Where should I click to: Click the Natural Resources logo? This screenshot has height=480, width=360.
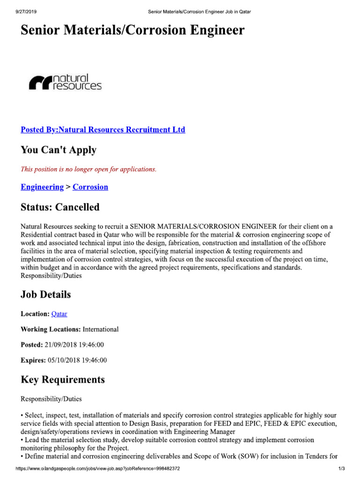[x=65, y=82]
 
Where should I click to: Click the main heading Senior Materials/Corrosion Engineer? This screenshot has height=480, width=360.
[x=132, y=31]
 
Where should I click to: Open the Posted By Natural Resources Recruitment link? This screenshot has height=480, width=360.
[x=103, y=130]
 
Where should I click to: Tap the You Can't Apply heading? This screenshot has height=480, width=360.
[x=59, y=150]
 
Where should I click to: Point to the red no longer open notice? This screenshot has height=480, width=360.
[x=88, y=169]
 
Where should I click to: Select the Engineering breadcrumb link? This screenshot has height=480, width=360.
[x=42, y=187]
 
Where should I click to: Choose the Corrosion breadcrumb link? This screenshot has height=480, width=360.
[x=90, y=187]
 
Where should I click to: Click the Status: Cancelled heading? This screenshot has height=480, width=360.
[x=60, y=207]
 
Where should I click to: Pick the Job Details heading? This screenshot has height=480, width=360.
[x=46, y=295]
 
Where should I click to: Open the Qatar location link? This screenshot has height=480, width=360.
[x=60, y=314]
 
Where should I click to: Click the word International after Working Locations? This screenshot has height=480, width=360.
[x=101, y=329]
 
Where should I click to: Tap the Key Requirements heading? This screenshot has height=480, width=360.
[x=63, y=380]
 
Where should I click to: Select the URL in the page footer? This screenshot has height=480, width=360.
[x=97, y=469]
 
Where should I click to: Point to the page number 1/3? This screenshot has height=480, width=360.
[x=341, y=469]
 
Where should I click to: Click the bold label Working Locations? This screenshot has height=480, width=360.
[x=51, y=329]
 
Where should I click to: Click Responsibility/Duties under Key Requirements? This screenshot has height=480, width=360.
[x=51, y=399]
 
